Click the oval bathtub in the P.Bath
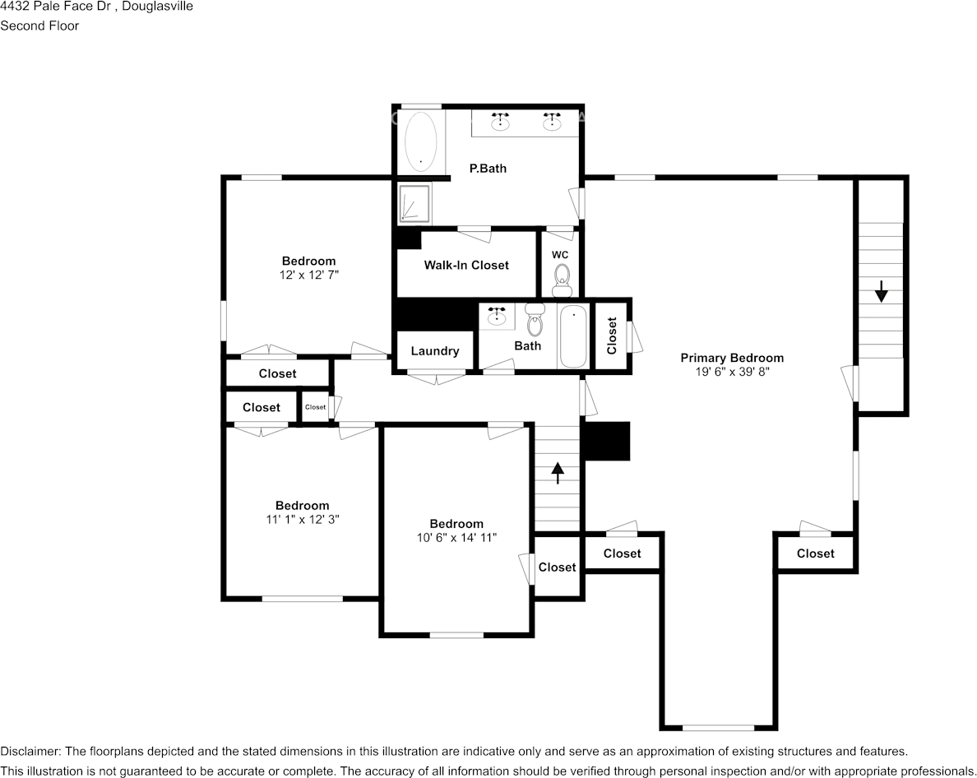point(420,142)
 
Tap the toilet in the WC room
point(562,280)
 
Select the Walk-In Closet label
point(466,266)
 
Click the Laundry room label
point(435,351)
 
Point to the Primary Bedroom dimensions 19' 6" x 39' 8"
point(732,372)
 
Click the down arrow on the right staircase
point(881,291)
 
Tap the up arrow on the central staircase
point(558,473)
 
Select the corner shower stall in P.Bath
point(414,203)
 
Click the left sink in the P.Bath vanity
point(500,122)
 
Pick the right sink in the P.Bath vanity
point(552,122)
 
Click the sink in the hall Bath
point(497,317)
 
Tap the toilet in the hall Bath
point(535,320)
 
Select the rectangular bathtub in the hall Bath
point(573,336)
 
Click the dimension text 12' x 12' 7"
point(309,275)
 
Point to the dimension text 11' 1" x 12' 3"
point(302,520)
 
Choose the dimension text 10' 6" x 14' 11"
point(456,538)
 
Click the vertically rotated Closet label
point(612,336)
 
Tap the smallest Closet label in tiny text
point(315,407)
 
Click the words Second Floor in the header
point(39,25)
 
